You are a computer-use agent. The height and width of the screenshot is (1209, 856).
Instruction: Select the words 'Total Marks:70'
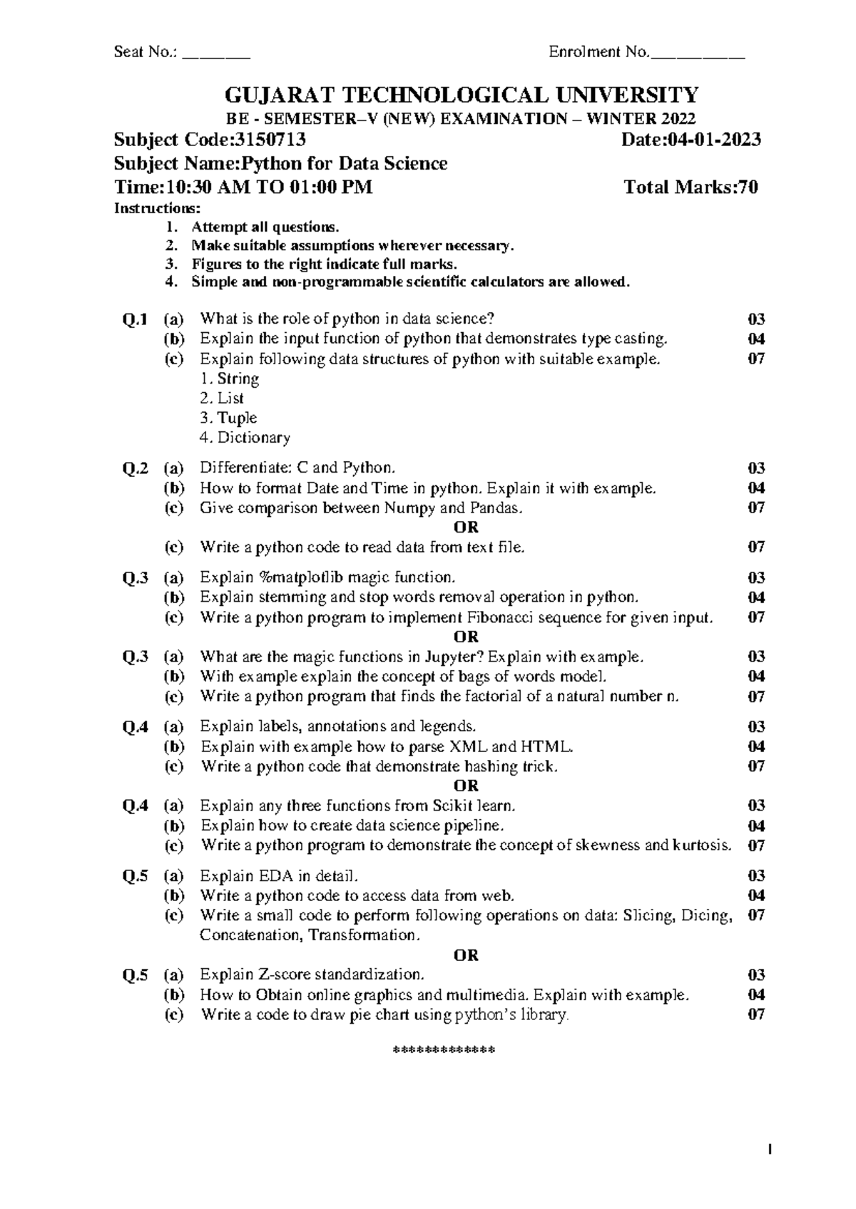pos(691,187)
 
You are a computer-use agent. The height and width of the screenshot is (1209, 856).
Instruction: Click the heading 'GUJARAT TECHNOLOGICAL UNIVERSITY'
pos(462,95)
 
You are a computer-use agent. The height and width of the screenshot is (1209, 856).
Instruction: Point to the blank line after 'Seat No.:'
pos(216,53)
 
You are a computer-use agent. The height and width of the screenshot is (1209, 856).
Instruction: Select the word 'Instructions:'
pos(158,209)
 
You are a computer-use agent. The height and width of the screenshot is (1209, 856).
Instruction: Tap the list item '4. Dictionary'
pos(245,438)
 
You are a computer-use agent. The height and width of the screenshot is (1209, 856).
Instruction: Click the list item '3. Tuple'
pos(228,418)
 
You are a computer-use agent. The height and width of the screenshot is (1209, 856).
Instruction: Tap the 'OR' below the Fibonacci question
pos(466,637)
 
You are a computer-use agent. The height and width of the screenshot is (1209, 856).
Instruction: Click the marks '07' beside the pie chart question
pos(756,1014)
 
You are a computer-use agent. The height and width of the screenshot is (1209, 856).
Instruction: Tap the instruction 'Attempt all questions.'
pos(265,227)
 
